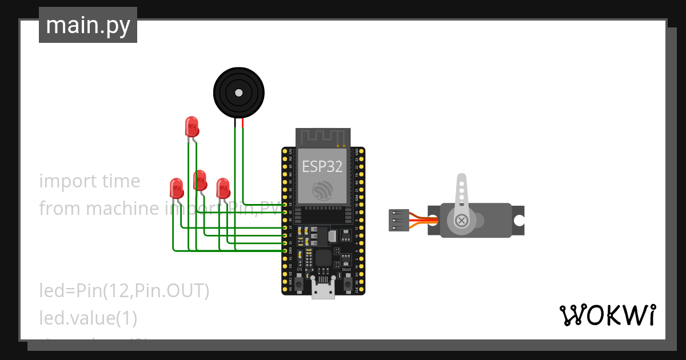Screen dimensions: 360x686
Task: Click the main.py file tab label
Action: pos(88,25)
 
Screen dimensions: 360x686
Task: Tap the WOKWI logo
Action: pos(607,315)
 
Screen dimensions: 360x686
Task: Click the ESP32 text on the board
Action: pos(322,166)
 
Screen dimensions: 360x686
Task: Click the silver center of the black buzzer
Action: pos(239,93)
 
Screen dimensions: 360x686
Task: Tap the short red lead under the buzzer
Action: pos(242,122)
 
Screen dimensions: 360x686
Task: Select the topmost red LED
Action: pos(192,126)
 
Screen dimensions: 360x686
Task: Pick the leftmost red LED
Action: pos(176,187)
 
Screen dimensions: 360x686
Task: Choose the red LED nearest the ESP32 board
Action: pos(222,187)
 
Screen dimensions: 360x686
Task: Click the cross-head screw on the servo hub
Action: pos(461,220)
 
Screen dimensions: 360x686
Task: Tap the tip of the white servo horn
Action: pos(461,179)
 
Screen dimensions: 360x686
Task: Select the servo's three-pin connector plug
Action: pos(398,220)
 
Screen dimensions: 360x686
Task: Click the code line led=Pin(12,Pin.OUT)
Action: pos(124,291)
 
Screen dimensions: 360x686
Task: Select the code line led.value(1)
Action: pos(88,318)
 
